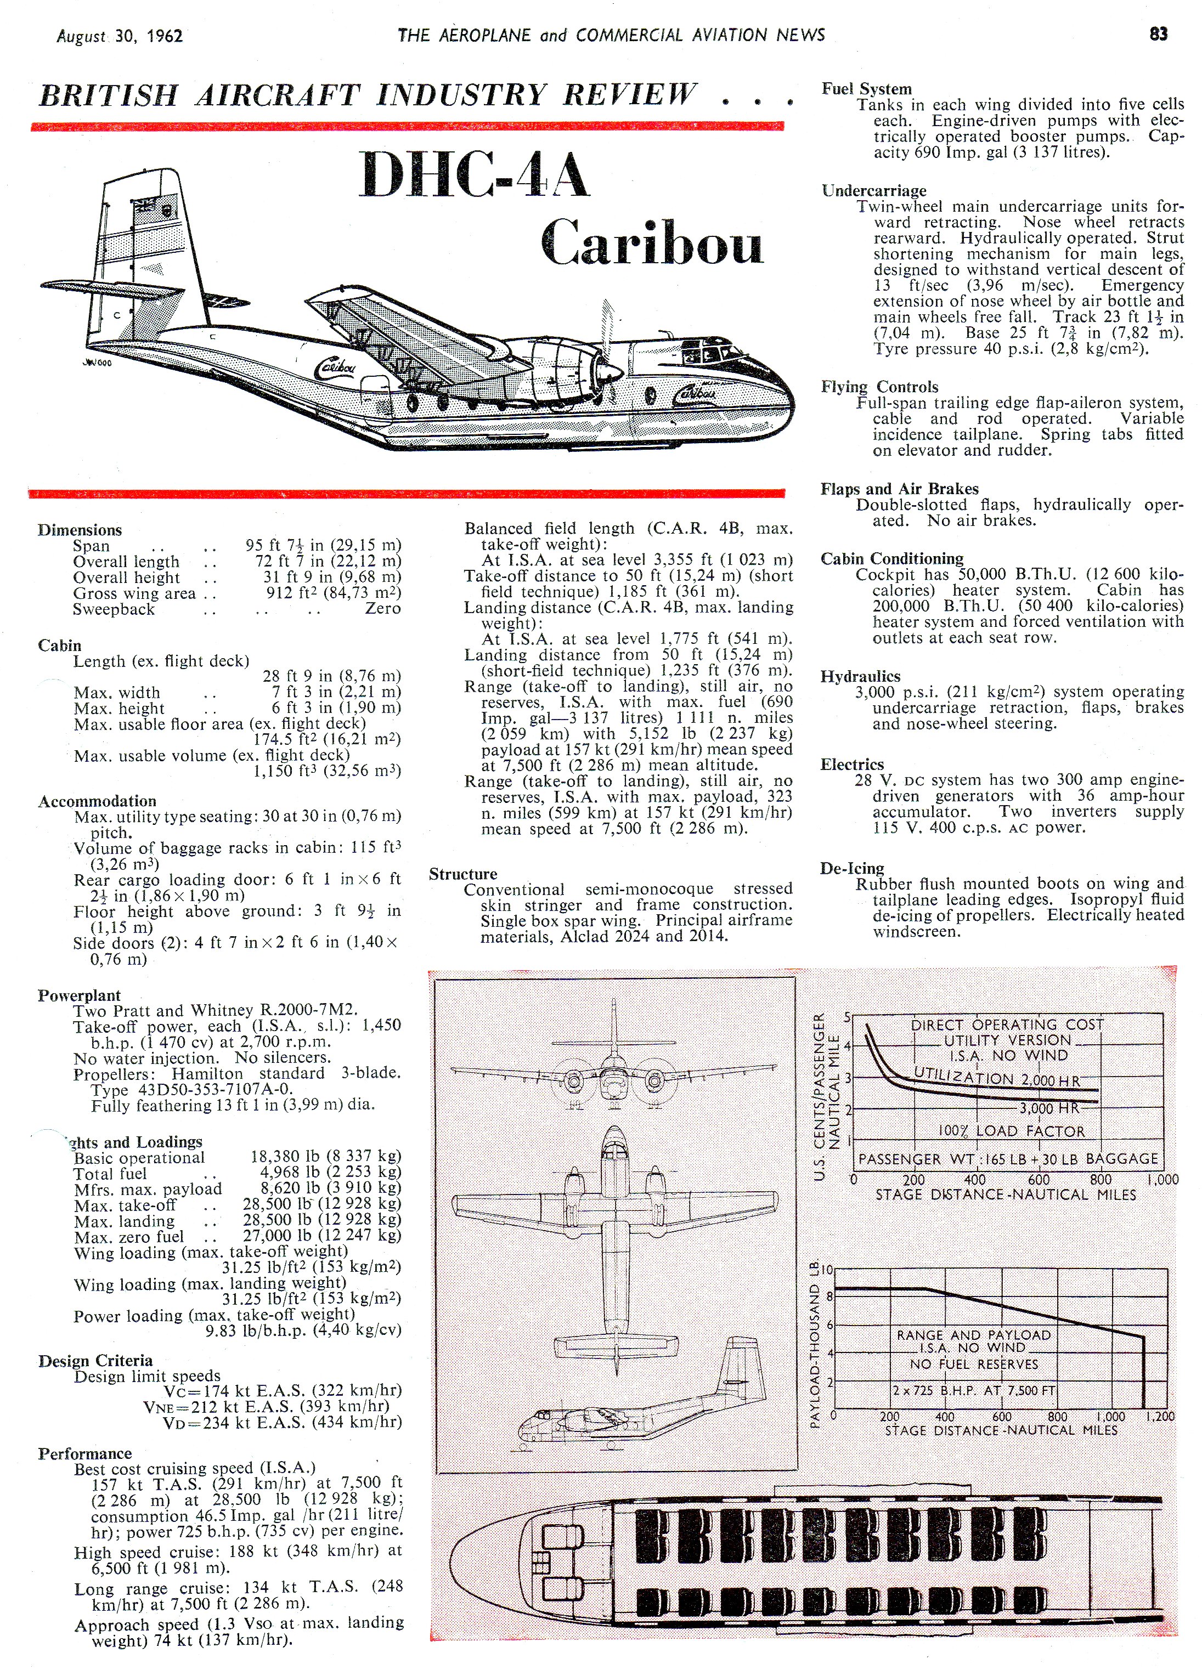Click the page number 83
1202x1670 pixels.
(1158, 34)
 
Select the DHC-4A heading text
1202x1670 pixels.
(475, 176)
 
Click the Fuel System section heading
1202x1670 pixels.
(866, 88)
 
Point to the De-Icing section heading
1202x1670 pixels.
(851, 868)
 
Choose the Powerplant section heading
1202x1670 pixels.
(79, 995)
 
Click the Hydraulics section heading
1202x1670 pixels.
(860, 676)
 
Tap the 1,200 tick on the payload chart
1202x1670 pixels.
(1160, 1416)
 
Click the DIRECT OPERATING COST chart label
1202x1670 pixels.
(1007, 1025)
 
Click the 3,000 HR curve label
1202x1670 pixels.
(1049, 1109)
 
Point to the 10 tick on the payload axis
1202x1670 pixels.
(827, 1270)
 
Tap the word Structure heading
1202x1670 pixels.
(462, 874)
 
